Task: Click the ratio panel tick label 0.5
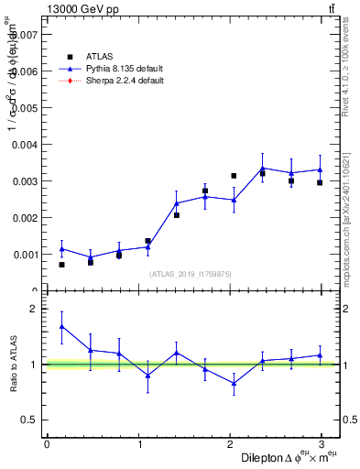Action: pyautogui.click(x=29, y=420)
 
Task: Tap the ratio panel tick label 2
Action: pyautogui.click(x=35, y=309)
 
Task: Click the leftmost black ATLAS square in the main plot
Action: pyautogui.click(x=61, y=265)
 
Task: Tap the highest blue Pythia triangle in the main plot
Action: pyautogui.click(x=262, y=168)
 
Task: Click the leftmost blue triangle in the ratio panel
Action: pyautogui.click(x=61, y=326)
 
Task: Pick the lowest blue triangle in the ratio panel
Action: pyautogui.click(x=234, y=384)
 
